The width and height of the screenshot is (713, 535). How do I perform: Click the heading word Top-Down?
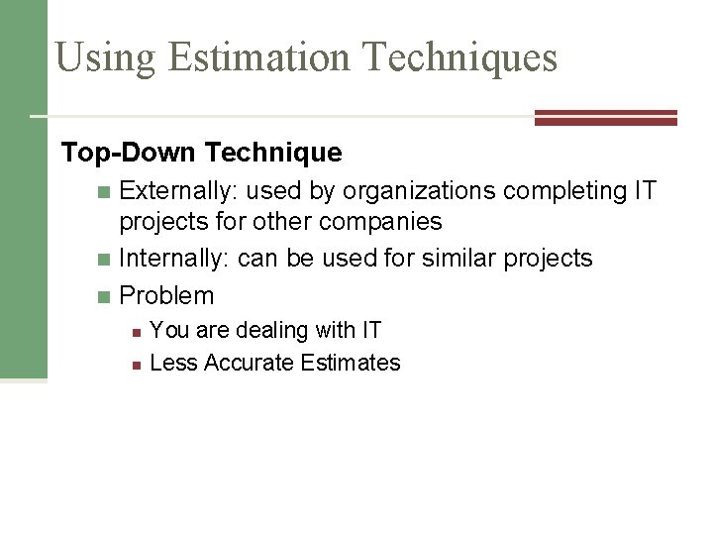pos(129,153)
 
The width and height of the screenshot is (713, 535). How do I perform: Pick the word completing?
pos(563,190)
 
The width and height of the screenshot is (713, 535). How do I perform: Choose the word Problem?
pos(166,295)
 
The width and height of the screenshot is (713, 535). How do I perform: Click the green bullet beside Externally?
pos(106,191)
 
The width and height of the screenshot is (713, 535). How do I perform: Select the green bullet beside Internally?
pos(106,260)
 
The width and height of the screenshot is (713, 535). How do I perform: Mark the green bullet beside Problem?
pos(106,296)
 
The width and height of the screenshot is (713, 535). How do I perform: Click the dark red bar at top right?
pos(605,118)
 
